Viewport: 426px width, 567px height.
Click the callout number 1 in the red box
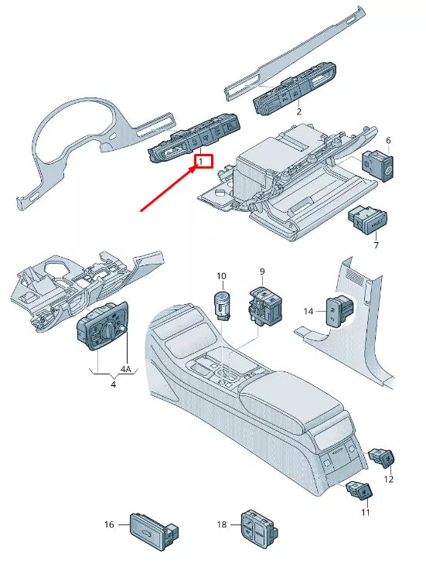(202, 162)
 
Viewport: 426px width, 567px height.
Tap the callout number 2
(298, 111)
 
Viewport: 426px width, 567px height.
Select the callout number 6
(388, 141)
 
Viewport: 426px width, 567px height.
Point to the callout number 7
(376, 245)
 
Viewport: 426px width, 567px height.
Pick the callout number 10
(221, 276)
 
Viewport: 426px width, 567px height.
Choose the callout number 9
(261, 272)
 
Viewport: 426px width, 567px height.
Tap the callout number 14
(308, 311)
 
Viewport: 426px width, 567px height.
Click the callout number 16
(109, 524)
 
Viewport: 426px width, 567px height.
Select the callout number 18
(223, 524)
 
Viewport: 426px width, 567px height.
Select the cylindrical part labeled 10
(222, 304)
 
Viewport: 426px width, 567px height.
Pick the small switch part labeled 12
(383, 459)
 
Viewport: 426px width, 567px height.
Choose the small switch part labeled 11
(360, 490)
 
